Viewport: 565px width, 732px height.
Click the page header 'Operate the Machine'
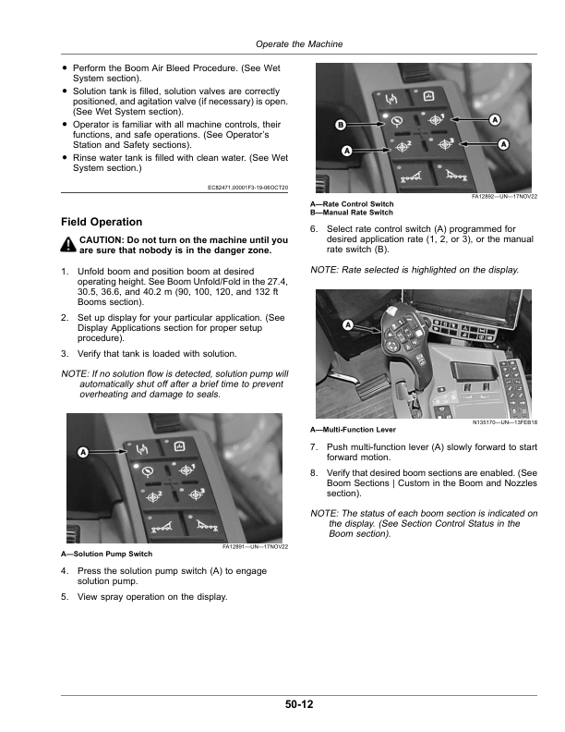pyautogui.click(x=298, y=43)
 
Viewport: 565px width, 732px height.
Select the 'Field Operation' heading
pyautogui.click(x=102, y=222)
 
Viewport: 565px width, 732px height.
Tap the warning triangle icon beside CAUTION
pyautogui.click(x=68, y=245)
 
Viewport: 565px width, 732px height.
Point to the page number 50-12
pyautogui.click(x=298, y=704)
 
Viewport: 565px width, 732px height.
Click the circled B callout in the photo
pyautogui.click(x=340, y=124)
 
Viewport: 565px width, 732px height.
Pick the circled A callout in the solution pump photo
pyautogui.click(x=83, y=452)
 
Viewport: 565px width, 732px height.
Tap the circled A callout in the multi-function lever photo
pyautogui.click(x=348, y=324)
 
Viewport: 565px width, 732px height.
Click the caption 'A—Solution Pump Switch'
pyautogui.click(x=107, y=554)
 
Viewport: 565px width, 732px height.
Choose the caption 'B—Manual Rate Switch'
pyautogui.click(x=352, y=213)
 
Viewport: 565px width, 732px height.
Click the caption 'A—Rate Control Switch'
pyautogui.click(x=353, y=203)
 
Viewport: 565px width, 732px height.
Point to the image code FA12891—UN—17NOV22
pyautogui.click(x=257, y=547)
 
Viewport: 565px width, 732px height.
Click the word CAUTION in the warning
pyautogui.click(x=107, y=240)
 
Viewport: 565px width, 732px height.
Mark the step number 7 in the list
pyautogui.click(x=314, y=447)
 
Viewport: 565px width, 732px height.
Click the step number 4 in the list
pyautogui.click(x=65, y=571)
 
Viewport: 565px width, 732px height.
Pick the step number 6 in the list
pyautogui.click(x=314, y=228)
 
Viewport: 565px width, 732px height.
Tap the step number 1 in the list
pyautogui.click(x=65, y=271)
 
